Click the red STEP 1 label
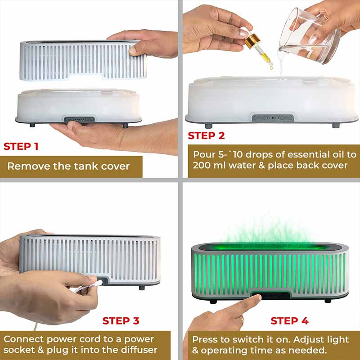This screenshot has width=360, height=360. (21, 147)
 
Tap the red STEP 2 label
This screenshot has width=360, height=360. (206, 135)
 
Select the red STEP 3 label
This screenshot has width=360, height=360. (121, 321)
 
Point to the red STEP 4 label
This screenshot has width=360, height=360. (289, 321)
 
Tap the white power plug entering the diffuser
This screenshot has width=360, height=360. (96, 284)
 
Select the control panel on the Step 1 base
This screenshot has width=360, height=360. (79, 120)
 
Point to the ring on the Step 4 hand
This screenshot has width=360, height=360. (241, 319)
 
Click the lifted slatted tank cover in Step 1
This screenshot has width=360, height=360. (83, 60)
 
